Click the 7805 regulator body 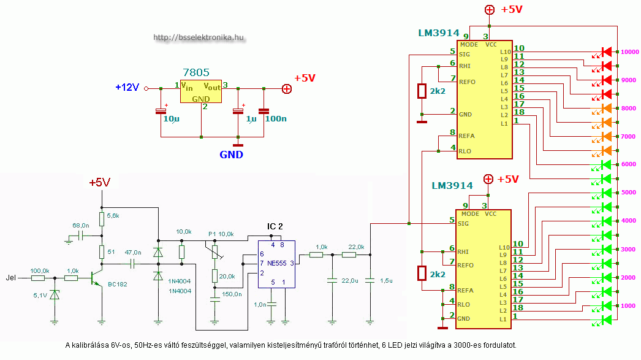pos(200,91)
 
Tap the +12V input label pos(127,88)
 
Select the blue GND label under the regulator pos(231,155)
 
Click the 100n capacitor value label pos(275,118)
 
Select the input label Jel pos(12,277)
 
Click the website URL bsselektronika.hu pos(199,37)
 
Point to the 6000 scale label pos(629,164)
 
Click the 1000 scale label pos(629,305)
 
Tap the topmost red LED pos(607,52)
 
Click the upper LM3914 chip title pos(438,31)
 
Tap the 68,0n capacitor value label pos(81,226)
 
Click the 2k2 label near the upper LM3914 pos(437,92)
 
